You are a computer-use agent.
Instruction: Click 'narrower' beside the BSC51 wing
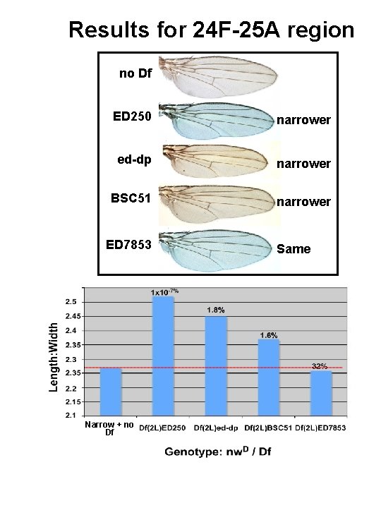click(x=303, y=202)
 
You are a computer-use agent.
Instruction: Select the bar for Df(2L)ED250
click(x=163, y=356)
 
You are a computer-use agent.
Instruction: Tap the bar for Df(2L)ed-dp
click(x=217, y=367)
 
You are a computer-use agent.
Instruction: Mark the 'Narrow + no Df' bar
click(x=110, y=392)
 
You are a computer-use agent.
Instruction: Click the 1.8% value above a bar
click(x=216, y=310)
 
